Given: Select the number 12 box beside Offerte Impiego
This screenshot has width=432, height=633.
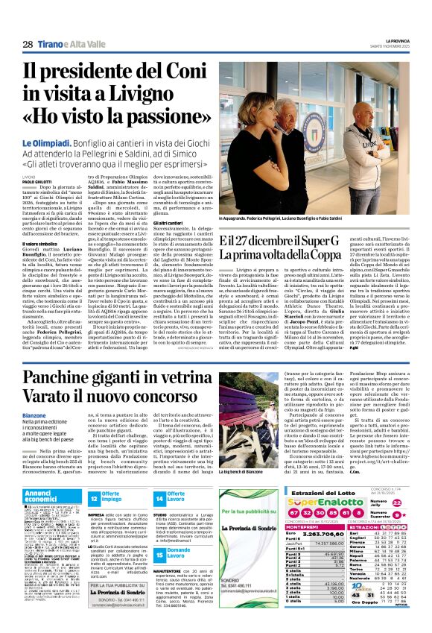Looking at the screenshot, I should [94, 498].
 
